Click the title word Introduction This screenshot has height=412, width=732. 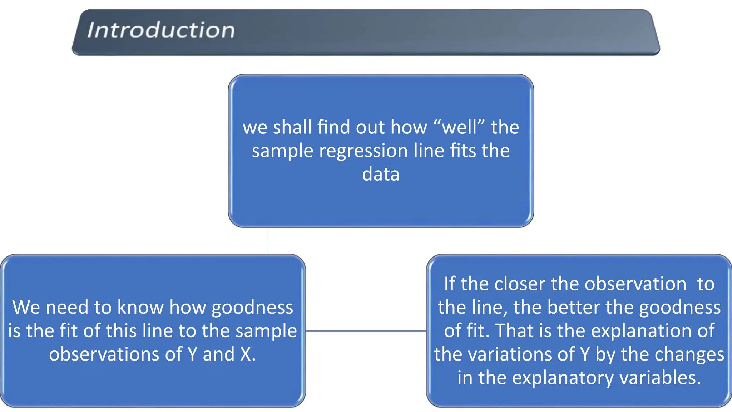click(x=161, y=30)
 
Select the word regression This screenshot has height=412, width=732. click(x=363, y=151)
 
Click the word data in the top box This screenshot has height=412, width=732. click(x=381, y=174)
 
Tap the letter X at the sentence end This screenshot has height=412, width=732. click(x=246, y=354)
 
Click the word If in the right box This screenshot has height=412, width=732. click(x=449, y=284)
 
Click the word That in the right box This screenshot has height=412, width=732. click(x=515, y=330)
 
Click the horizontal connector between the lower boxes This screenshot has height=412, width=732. click(x=366, y=331)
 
